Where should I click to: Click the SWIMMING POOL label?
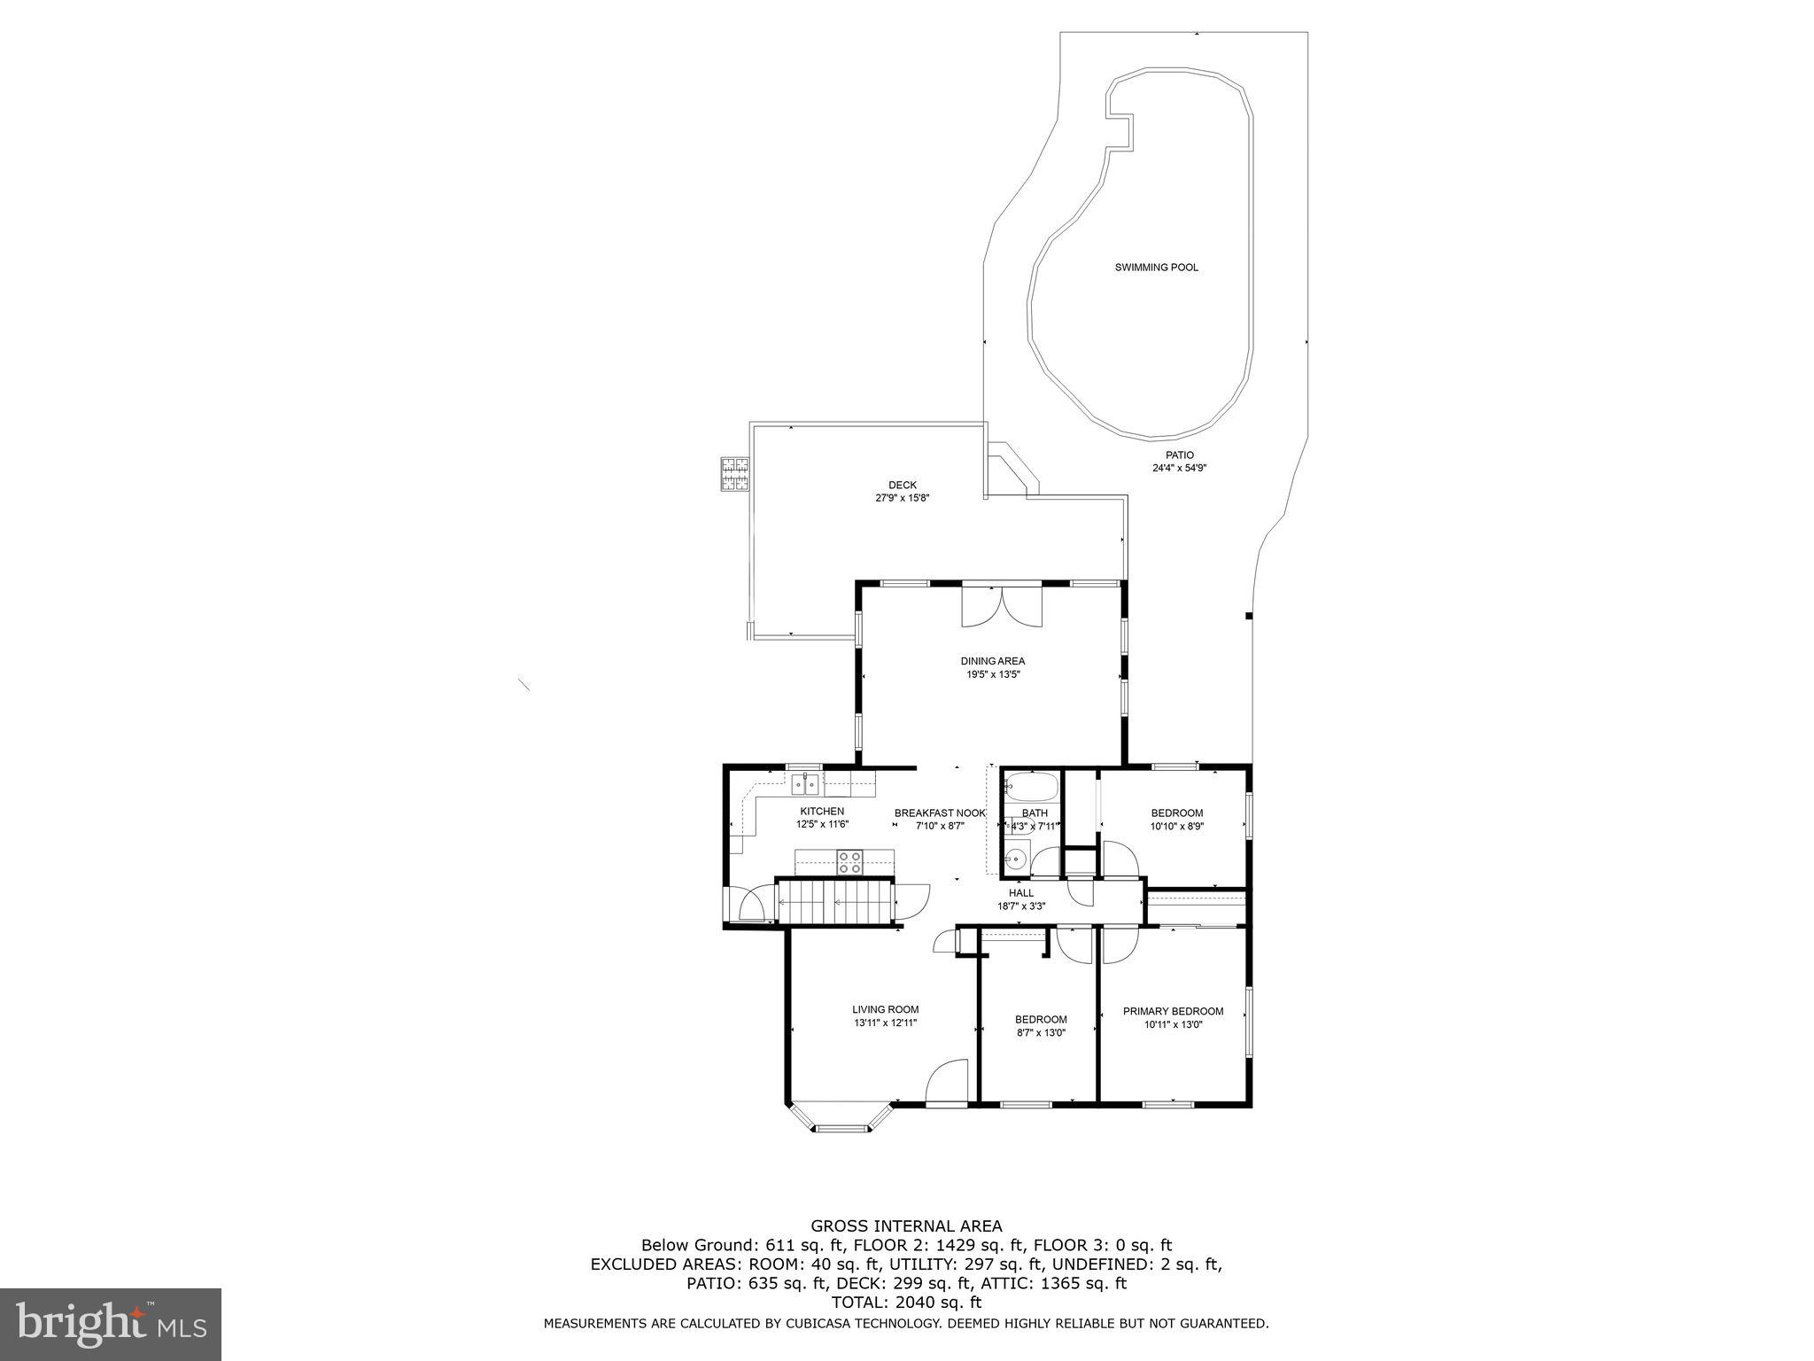(1156, 268)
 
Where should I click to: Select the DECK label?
(903, 485)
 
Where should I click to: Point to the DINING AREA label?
(992, 661)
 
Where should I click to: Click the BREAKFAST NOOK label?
(939, 813)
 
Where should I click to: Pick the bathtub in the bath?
(1032, 787)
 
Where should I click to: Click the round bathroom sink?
(1017, 858)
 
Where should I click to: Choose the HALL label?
(1021, 893)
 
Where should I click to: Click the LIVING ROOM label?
(885, 1009)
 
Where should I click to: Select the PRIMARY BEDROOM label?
(1173, 1011)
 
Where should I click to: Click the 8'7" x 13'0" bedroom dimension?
(1040, 1032)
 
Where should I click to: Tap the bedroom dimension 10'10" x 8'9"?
(1176, 826)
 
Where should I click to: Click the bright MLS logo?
(111, 1324)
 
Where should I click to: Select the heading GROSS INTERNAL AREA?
(907, 1226)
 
